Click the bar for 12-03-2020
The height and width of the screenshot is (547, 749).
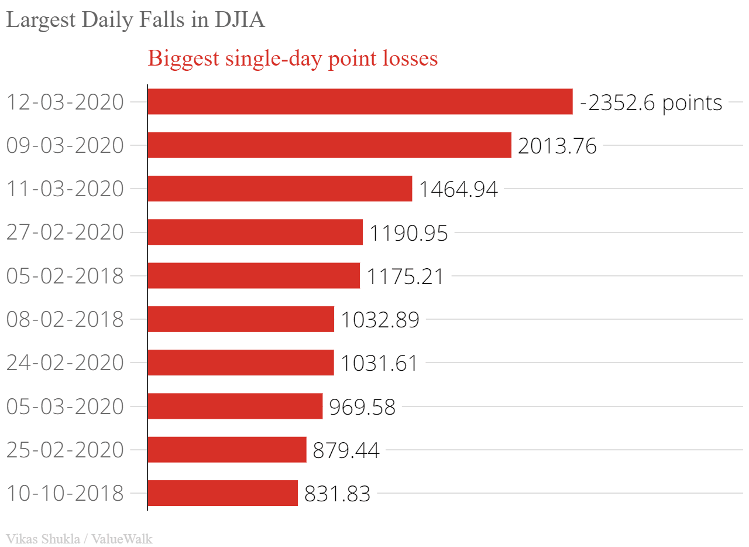point(360,102)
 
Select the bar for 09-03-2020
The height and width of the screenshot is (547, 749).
point(329,145)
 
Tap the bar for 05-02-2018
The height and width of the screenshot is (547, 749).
point(253,276)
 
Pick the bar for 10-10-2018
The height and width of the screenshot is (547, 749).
point(222,493)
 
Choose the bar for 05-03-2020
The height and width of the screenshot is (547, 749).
point(235,406)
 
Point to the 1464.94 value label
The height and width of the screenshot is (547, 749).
point(458,189)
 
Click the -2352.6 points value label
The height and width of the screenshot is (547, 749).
point(651,103)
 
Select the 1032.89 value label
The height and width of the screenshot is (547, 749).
point(380,320)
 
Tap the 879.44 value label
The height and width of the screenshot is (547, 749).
point(346,450)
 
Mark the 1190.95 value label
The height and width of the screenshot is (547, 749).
point(408,233)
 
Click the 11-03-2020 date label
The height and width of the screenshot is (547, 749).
point(65,189)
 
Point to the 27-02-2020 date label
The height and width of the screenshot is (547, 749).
point(65,233)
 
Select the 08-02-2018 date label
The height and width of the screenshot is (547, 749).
point(65,320)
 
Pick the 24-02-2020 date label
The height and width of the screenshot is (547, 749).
point(65,363)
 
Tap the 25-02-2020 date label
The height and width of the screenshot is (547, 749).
point(65,450)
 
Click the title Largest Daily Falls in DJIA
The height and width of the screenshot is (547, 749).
point(135,20)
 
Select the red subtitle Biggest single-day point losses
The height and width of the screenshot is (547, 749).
point(293,59)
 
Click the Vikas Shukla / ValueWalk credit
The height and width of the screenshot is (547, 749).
point(79,539)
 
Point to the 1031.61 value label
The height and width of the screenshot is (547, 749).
point(379,363)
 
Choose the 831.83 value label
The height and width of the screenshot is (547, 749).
point(337,494)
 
